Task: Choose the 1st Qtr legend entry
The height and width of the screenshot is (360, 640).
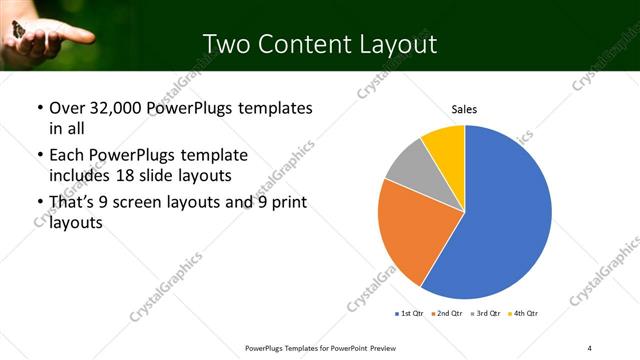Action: coord(411,314)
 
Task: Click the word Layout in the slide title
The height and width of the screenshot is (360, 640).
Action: coord(395,44)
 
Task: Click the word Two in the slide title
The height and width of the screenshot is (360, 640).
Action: coord(225,44)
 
